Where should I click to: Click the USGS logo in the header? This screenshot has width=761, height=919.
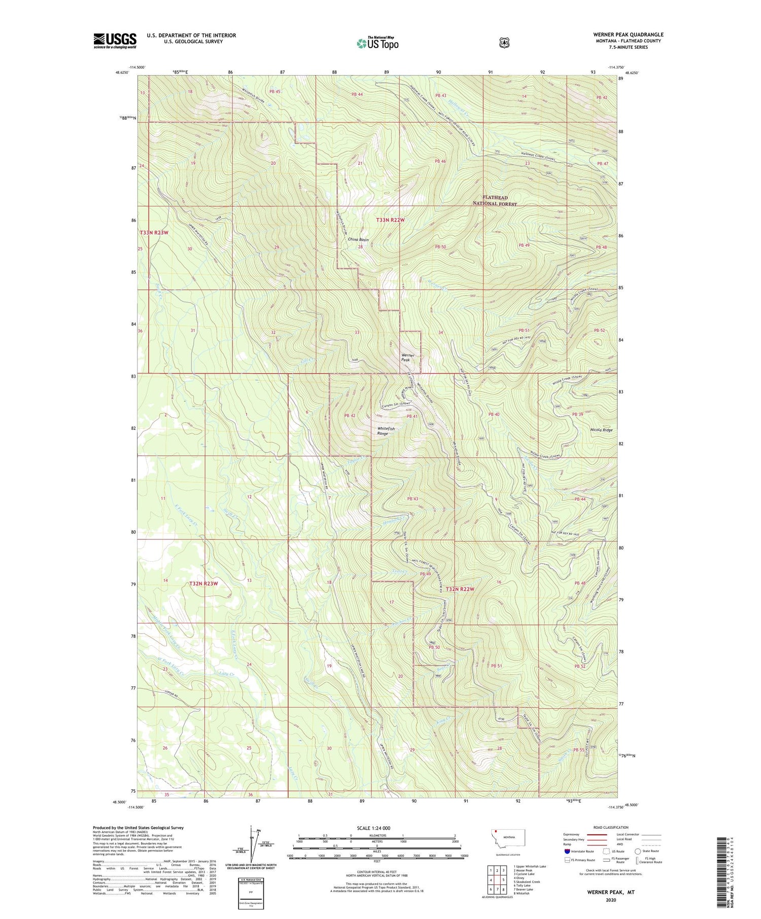[115, 41]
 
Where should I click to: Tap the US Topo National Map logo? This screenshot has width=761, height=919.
[377, 43]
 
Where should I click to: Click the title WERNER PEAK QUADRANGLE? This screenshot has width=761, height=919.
[628, 34]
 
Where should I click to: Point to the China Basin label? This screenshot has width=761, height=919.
[358, 239]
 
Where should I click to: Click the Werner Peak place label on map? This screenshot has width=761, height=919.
[408, 357]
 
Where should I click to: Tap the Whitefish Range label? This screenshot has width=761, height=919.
[386, 431]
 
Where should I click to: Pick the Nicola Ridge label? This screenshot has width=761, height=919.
[601, 430]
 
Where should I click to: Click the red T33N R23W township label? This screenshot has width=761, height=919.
[154, 232]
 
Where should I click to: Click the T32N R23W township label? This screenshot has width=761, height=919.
[203, 583]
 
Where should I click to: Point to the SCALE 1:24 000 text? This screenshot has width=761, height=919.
[376, 828]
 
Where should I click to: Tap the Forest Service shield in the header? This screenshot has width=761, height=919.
[504, 43]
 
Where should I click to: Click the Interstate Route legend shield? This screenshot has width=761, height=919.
[567, 851]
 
